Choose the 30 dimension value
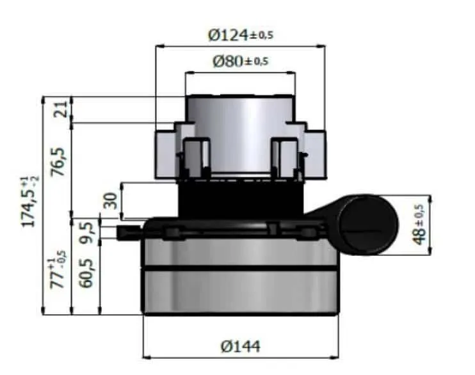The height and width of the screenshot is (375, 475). tap(110, 200)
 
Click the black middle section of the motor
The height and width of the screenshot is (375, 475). tap(240, 198)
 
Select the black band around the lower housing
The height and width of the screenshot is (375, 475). tap(240, 267)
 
